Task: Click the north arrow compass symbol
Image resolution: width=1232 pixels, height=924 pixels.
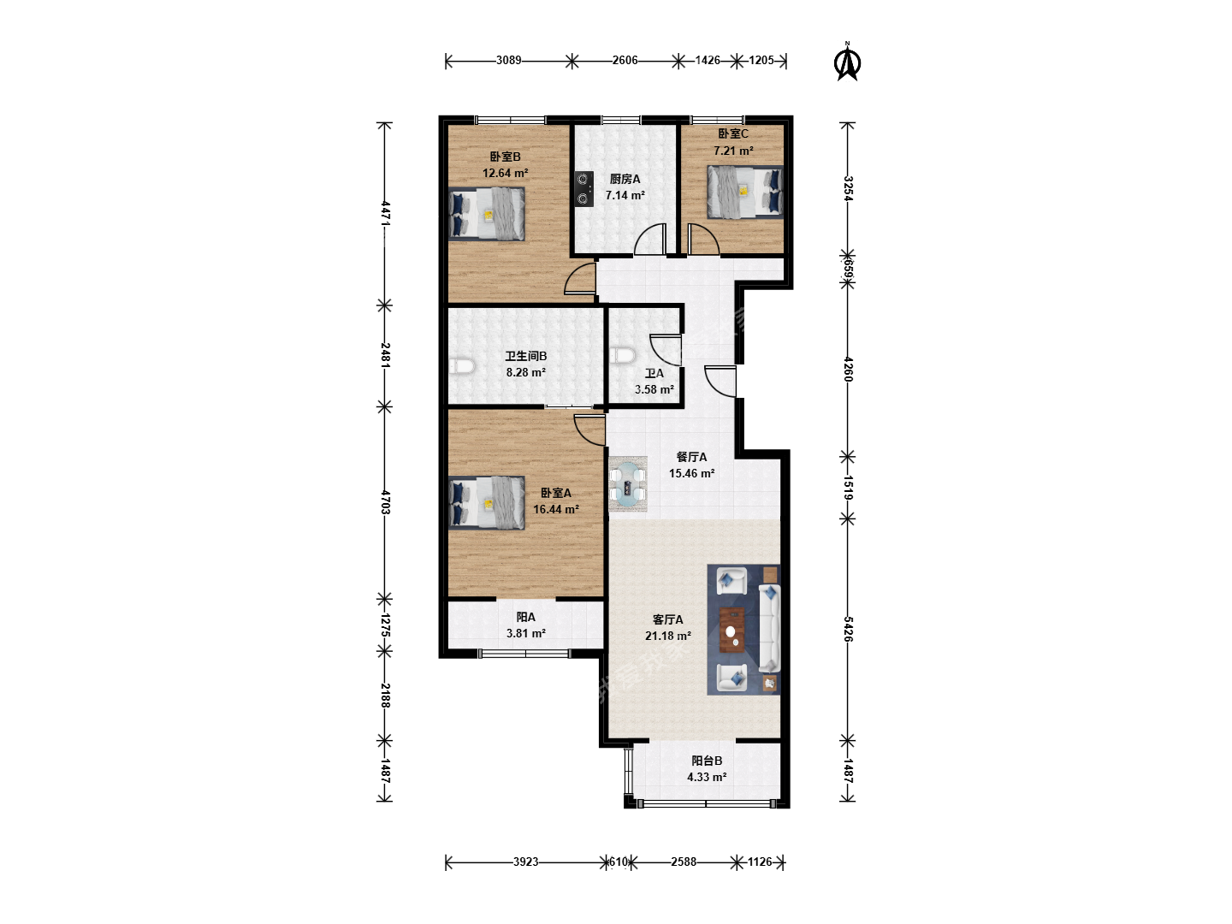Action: click(x=847, y=62)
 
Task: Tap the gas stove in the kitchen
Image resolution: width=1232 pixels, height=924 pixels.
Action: click(x=584, y=188)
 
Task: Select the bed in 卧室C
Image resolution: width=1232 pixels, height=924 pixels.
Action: click(x=745, y=192)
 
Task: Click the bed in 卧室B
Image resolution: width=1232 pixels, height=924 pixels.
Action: click(x=487, y=214)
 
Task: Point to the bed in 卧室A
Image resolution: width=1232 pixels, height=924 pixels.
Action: click(x=487, y=503)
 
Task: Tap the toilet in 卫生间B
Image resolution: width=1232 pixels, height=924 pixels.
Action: click(x=462, y=366)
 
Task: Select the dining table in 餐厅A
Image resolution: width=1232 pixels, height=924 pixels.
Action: click(x=628, y=483)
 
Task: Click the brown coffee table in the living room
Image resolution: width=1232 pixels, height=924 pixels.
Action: click(x=732, y=630)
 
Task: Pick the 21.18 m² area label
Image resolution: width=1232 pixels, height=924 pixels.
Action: click(x=668, y=637)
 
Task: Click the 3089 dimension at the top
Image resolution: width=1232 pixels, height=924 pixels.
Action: click(x=508, y=60)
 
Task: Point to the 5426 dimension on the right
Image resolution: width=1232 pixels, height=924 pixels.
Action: click(x=848, y=629)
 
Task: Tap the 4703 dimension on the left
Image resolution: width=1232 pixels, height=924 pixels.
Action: click(x=385, y=502)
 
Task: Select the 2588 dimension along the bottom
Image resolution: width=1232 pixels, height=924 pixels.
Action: click(x=683, y=862)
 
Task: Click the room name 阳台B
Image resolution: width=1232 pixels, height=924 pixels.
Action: click(x=707, y=761)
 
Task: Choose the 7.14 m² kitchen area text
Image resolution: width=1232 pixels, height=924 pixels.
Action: click(x=625, y=195)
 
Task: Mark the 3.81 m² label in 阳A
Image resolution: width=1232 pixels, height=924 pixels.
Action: click(x=526, y=633)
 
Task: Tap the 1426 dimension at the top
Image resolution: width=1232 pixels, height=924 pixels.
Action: click(x=708, y=60)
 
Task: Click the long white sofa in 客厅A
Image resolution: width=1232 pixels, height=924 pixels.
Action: click(x=769, y=628)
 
